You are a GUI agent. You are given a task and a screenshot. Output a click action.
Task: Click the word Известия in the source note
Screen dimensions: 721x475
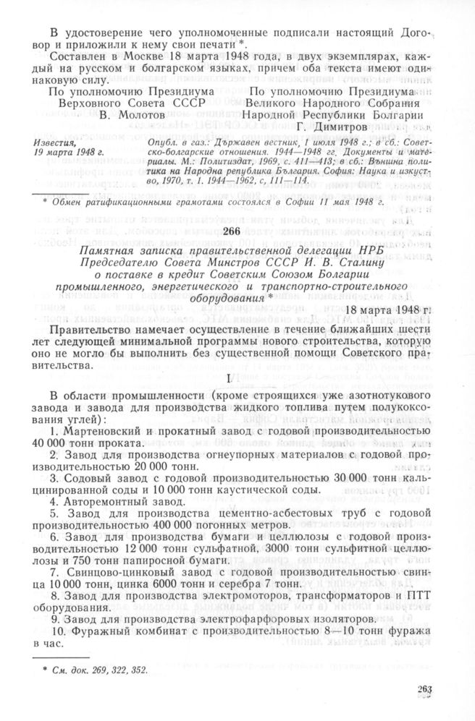67,145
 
